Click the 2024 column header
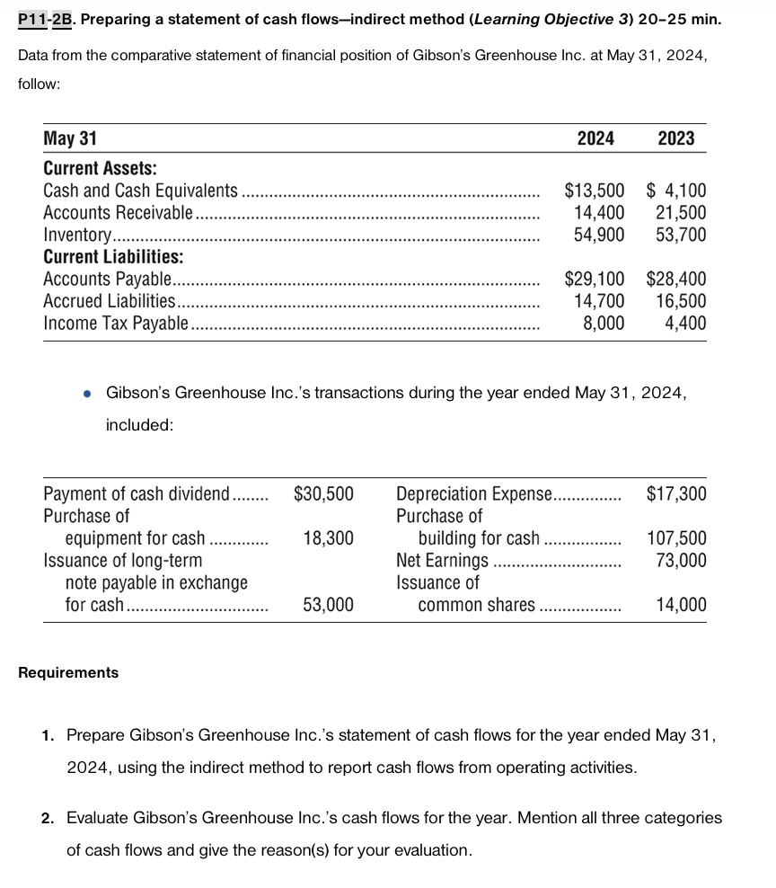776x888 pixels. click(595, 138)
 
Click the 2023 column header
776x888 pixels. click(676, 138)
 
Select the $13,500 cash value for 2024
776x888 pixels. click(594, 191)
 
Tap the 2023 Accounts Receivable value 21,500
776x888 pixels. click(681, 213)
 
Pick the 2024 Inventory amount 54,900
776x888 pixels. click(599, 235)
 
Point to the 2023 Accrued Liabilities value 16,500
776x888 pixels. click(681, 301)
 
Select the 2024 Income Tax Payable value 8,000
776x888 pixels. click(604, 323)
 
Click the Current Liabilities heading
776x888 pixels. click(113, 257)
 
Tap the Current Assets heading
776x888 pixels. click(100, 169)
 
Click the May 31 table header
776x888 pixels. click(70, 138)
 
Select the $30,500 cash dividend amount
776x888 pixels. click(323, 493)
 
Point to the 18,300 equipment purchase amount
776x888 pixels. click(328, 538)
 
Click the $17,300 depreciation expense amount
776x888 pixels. click(676, 493)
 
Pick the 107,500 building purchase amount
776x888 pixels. click(676, 538)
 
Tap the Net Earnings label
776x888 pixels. click(442, 561)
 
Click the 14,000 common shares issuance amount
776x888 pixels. click(681, 605)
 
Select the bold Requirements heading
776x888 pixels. click(68, 672)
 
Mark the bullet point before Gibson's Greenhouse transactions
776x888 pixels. click(87, 394)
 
